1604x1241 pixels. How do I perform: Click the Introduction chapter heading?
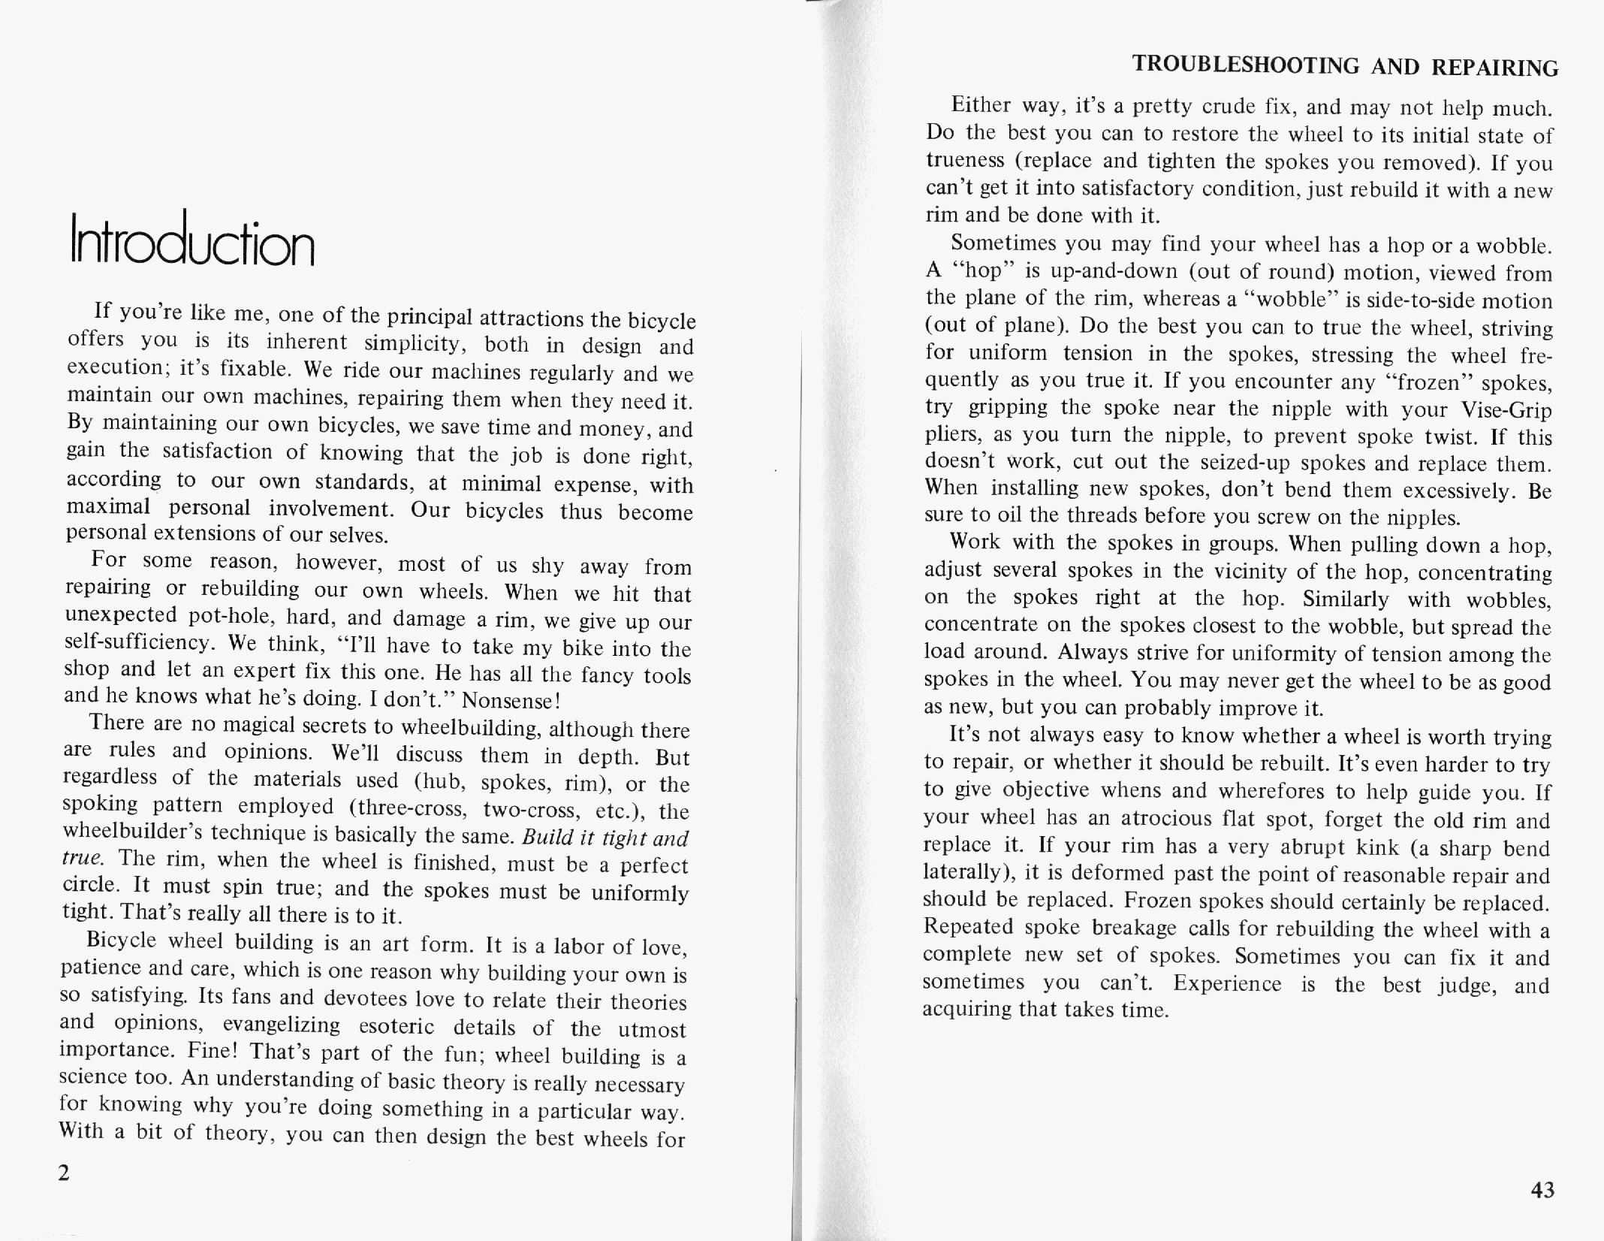pos(191,240)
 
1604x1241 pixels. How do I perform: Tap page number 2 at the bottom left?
pos(64,1173)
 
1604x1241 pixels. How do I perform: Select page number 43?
pos(1542,1189)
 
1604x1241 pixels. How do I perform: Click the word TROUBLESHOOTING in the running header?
pos(1246,65)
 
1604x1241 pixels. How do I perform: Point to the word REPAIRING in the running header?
pos(1494,68)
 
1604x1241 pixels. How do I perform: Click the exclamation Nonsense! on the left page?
pos(511,701)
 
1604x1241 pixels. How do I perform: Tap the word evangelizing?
pos(281,1025)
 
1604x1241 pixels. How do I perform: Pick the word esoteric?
pos(396,1026)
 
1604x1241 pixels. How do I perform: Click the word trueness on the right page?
pos(965,161)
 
